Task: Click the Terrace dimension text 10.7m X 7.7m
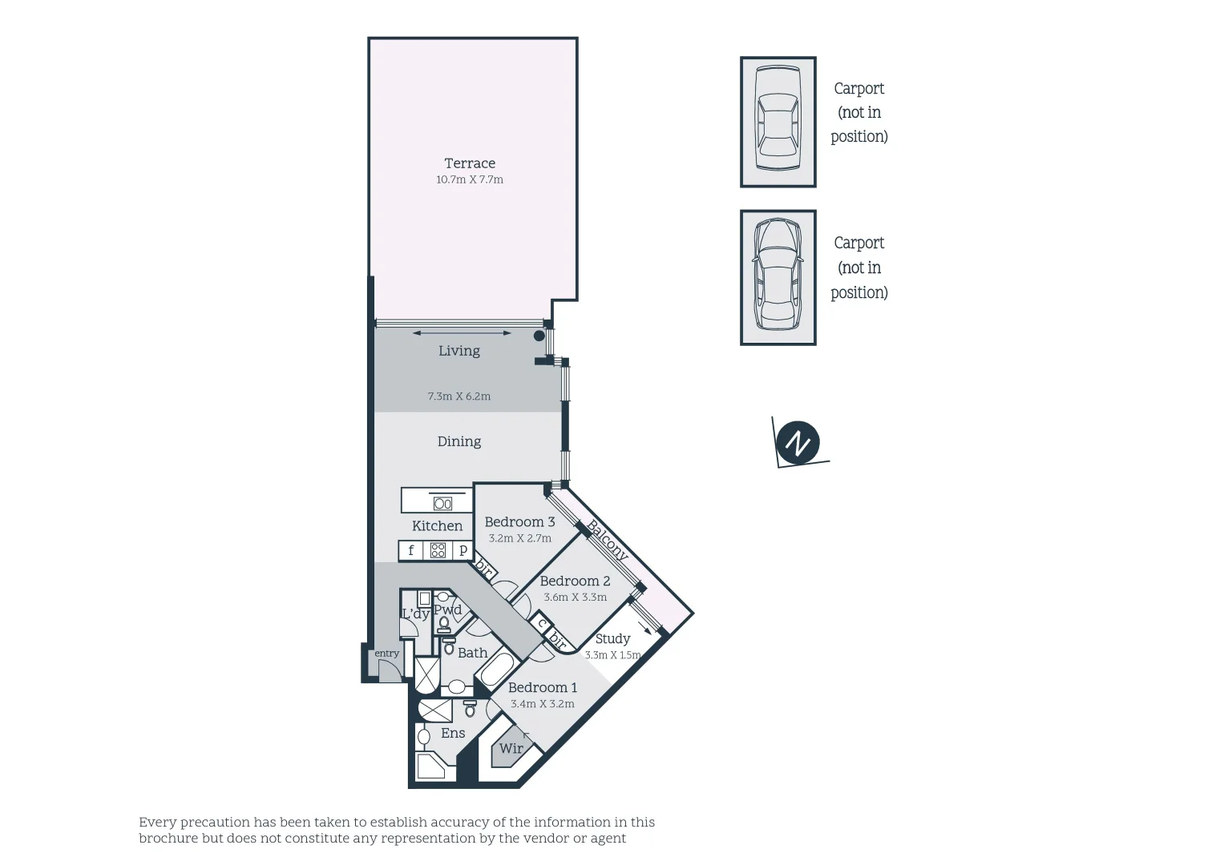470,180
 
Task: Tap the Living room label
459,351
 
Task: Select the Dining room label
459,441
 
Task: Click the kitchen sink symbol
442,504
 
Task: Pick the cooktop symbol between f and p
438,550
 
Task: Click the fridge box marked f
411,550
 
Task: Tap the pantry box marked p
463,550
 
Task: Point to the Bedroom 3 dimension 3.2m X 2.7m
520,538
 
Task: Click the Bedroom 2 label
575,581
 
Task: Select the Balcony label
608,541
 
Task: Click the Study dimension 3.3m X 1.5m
613,655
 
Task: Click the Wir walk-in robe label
511,749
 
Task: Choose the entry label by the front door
386,654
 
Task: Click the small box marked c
542,623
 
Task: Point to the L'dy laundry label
415,614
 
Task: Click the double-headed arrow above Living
462,332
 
